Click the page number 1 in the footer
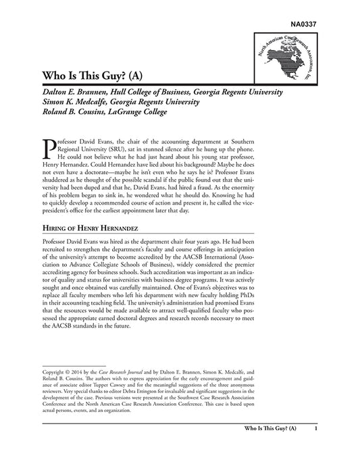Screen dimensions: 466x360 (x=316, y=447)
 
